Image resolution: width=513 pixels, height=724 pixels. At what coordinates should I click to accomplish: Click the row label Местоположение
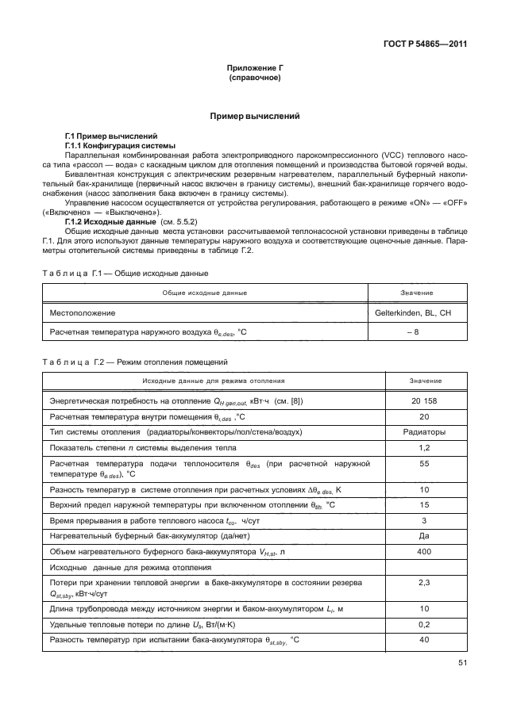click(83, 312)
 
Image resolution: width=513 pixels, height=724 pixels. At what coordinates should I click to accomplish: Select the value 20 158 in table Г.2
click(423, 401)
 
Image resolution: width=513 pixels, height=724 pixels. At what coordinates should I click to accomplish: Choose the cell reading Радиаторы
click(423, 432)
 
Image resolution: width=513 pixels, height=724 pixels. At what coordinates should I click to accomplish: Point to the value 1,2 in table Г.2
click(423, 448)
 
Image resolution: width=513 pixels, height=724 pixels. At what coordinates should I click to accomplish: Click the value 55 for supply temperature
click(423, 463)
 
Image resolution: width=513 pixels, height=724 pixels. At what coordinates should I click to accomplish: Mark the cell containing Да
click(423, 537)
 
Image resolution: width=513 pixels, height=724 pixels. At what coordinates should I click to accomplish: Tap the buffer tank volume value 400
click(423, 552)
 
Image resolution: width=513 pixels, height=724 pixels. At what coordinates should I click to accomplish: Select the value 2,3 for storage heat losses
click(423, 583)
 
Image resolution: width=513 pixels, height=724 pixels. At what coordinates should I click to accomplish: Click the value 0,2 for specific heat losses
click(423, 625)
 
